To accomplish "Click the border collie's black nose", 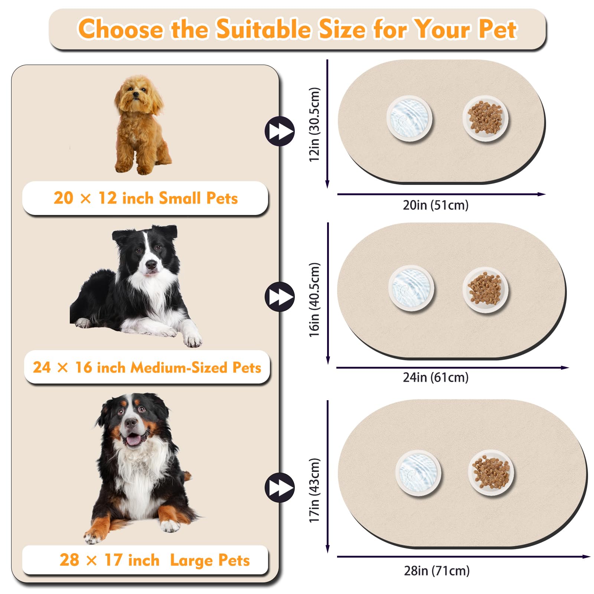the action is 151,264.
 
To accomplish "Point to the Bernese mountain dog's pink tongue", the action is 133,440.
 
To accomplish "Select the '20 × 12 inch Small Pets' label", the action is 146,198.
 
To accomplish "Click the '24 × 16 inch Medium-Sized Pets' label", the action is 147,368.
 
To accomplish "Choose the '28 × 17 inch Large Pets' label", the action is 154,560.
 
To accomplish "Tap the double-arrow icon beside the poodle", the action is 280,131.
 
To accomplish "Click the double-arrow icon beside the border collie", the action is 280,297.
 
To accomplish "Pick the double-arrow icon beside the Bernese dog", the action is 280,487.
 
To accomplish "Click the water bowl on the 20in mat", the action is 409,119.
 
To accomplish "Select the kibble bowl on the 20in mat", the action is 486,119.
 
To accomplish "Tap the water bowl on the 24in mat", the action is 411,288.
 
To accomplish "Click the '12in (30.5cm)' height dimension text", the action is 314,124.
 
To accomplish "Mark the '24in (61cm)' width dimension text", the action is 436,378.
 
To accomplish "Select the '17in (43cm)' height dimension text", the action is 314,490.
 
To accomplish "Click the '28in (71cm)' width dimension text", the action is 437,571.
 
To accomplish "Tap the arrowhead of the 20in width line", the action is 542,194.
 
